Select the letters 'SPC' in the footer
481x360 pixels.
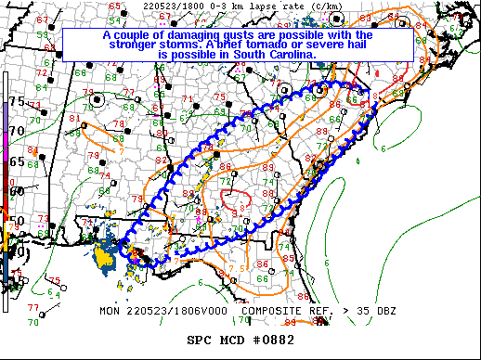[199, 341]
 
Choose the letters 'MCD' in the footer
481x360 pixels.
[239, 341]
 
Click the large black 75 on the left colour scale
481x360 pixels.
[17, 101]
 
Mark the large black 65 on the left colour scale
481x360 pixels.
[17, 161]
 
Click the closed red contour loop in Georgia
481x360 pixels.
[232, 198]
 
